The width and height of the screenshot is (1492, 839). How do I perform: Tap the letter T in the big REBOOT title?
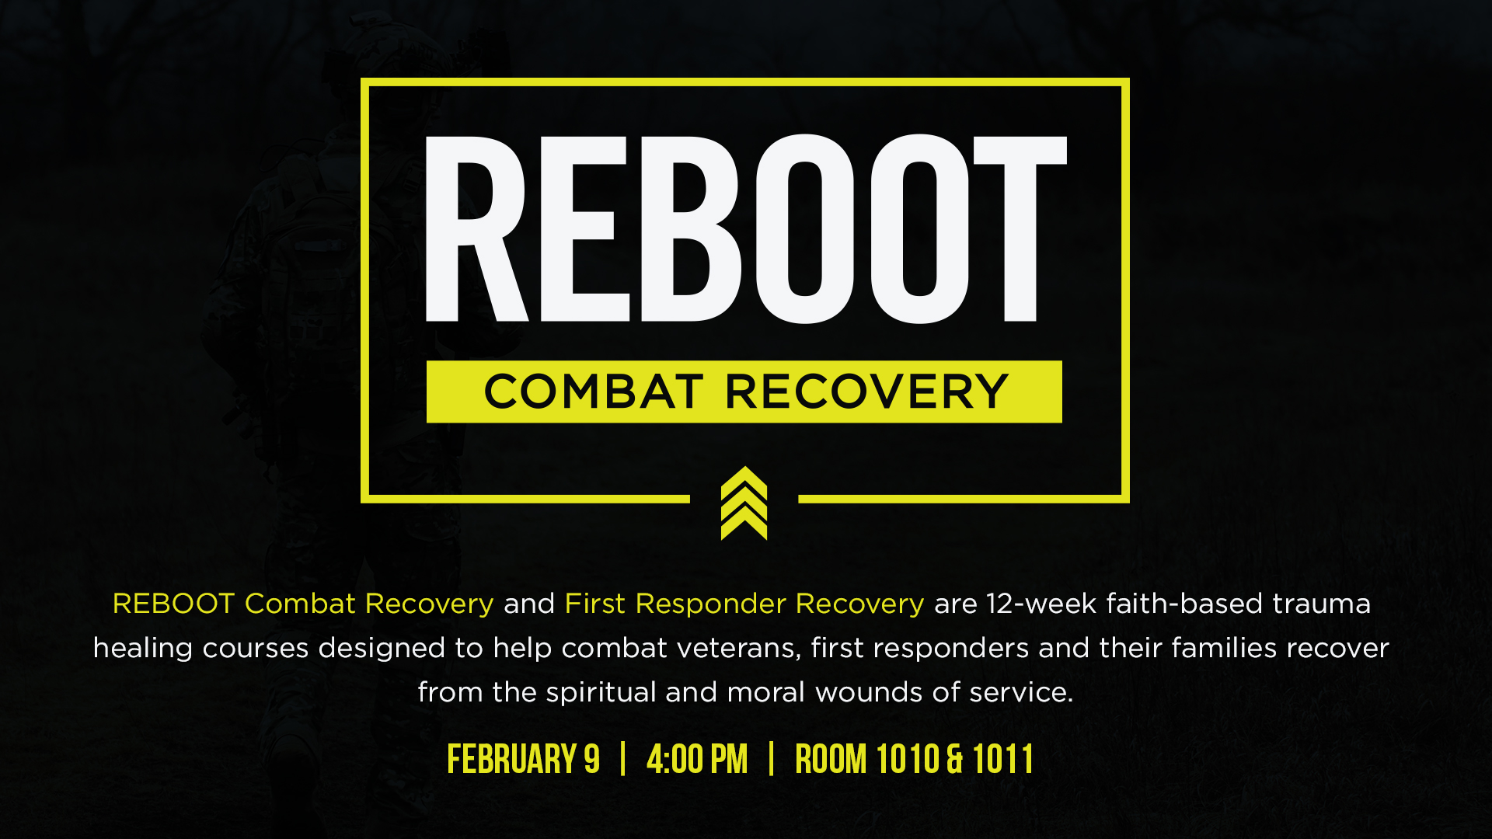pyautogui.click(x=1020, y=229)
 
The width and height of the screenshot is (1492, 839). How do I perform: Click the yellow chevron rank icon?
pyautogui.click(x=744, y=503)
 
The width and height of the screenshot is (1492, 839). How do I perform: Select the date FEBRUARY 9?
pyautogui.click(x=523, y=759)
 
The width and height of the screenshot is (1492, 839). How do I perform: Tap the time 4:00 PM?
pyautogui.click(x=697, y=759)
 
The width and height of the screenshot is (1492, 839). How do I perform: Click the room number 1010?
pyautogui.click(x=908, y=759)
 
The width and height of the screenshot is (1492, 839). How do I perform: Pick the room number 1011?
pyautogui.click(x=1002, y=759)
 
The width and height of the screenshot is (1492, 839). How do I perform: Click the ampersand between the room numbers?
pyautogui.click(x=956, y=759)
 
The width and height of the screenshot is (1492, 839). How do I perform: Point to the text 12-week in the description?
pyautogui.click(x=1041, y=604)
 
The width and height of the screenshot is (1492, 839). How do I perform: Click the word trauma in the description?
pyautogui.click(x=1322, y=604)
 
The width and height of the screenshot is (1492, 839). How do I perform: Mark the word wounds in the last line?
pyautogui.click(x=870, y=691)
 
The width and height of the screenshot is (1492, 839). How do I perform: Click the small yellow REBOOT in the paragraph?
pyautogui.click(x=173, y=604)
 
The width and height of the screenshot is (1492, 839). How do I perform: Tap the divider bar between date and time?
pyautogui.click(x=623, y=759)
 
